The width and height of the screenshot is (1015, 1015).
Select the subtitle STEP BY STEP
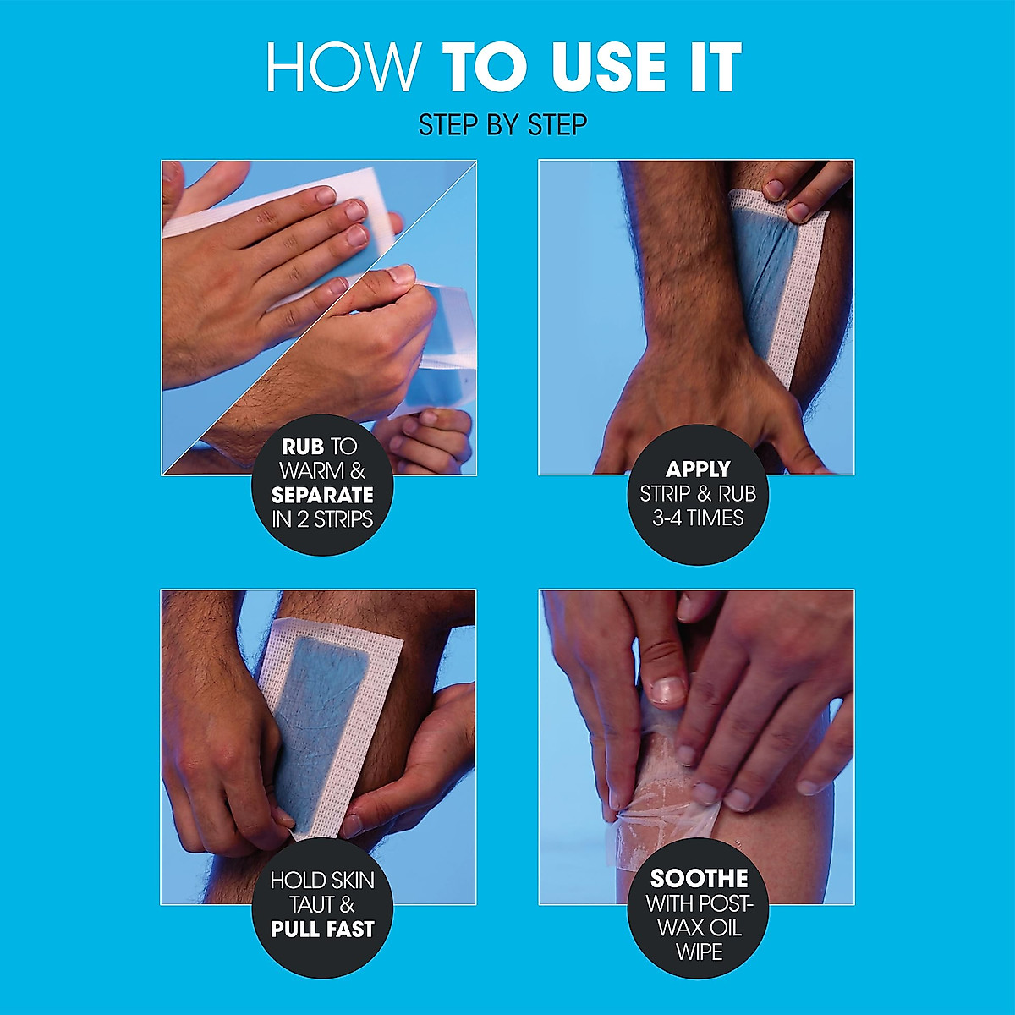[x=502, y=125]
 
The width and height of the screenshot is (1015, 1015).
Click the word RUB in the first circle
[x=303, y=446]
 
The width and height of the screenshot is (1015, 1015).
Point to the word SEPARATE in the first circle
[x=322, y=495]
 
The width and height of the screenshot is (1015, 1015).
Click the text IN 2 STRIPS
[x=322, y=519]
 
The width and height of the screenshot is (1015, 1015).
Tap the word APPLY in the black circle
[x=698, y=469]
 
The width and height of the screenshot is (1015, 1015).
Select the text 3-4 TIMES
[x=698, y=518]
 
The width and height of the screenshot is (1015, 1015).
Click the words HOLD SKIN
[x=322, y=881]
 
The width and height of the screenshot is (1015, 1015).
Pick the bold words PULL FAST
[x=322, y=930]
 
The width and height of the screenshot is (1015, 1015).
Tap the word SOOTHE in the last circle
[x=699, y=879]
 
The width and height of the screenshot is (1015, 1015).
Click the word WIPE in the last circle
[x=699, y=952]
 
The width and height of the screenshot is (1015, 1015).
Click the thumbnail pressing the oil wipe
[x=669, y=690]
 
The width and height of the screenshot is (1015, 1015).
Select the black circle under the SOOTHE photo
[x=699, y=913]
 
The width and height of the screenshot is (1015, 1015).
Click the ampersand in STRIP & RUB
[x=699, y=493]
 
